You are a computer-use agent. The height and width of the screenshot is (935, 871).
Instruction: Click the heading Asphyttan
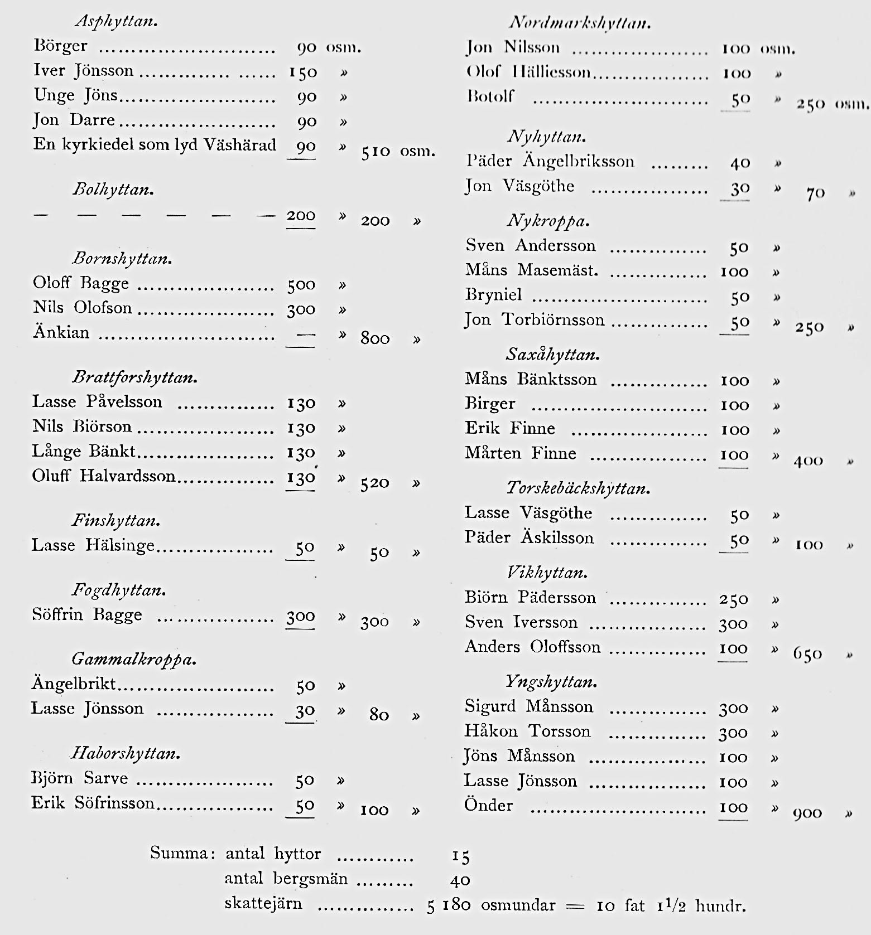[x=116, y=22]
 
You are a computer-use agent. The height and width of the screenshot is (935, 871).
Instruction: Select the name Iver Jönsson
[x=84, y=71]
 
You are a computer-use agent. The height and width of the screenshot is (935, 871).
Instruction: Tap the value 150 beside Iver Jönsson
[x=302, y=72]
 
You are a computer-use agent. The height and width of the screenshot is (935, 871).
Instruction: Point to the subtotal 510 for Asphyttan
[x=376, y=152]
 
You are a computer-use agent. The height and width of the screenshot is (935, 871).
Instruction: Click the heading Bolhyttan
[x=113, y=190]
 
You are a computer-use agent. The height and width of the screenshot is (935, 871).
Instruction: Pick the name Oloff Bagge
[x=81, y=283]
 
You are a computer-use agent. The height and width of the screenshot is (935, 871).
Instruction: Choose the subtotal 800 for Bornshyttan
[x=374, y=338]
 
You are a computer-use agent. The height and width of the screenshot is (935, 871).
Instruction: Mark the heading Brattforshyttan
[x=134, y=378]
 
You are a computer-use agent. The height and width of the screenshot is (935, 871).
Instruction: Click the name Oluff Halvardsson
[x=104, y=476]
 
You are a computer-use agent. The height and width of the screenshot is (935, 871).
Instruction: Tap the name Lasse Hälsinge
[x=93, y=545]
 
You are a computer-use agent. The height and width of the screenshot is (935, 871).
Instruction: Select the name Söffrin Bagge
[x=87, y=615]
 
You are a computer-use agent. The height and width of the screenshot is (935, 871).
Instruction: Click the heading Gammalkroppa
[x=134, y=660]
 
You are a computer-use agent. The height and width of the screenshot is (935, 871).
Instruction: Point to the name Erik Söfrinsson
[x=93, y=803]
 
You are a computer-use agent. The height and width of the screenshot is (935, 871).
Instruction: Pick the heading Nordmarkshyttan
[x=580, y=23]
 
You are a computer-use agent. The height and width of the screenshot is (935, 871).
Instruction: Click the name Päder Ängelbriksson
[x=550, y=162]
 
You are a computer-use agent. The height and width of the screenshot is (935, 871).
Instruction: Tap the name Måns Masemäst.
[x=531, y=270]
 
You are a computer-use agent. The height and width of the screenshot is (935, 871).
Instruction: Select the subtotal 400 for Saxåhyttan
[x=808, y=461]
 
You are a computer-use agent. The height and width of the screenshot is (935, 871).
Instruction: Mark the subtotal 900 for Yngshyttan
[x=807, y=813]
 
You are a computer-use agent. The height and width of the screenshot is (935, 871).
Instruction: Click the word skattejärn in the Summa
[x=263, y=903]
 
